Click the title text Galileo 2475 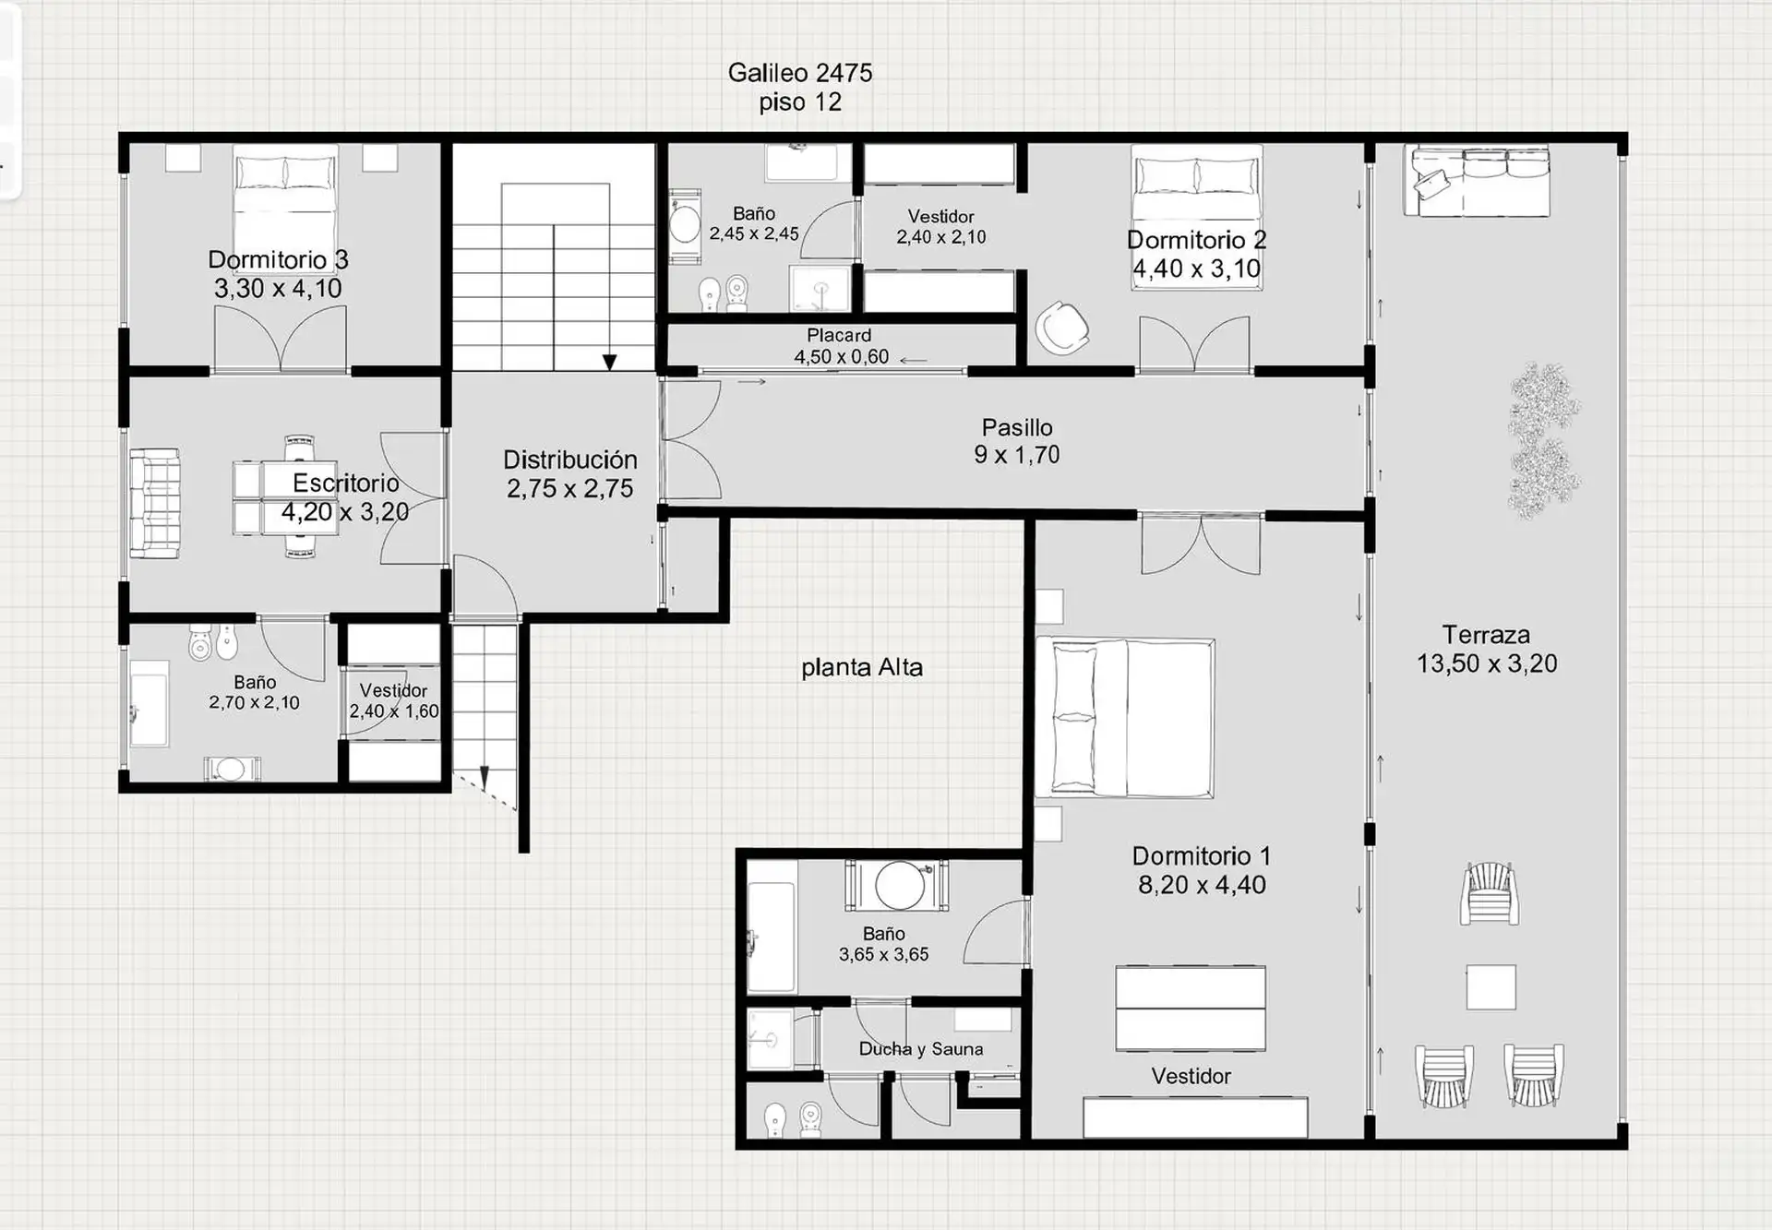799,73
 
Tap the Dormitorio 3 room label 278,260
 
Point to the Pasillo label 1017,427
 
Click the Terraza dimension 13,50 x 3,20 1487,663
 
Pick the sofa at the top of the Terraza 1477,181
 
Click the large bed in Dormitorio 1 1125,717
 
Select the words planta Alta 862,667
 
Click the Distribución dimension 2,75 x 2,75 569,489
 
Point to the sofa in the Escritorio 154,503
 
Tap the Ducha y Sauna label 920,1049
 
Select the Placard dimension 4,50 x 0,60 841,357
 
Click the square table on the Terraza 1491,987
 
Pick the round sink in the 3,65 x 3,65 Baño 900,886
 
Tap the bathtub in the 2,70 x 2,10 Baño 149,703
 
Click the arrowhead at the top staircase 609,363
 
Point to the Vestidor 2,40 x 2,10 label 940,227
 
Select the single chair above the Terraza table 1489,893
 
